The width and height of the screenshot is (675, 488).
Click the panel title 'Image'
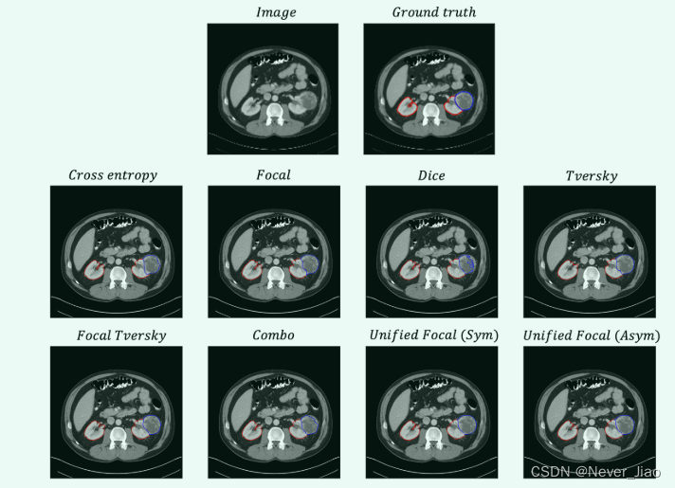(276, 12)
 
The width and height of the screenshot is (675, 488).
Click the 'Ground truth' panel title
(433, 12)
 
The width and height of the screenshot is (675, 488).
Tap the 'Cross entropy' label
(113, 175)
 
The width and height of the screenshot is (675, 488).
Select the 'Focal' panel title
(273, 175)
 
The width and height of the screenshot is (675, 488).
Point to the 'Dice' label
(431, 175)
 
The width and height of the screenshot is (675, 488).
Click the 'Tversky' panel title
(591, 175)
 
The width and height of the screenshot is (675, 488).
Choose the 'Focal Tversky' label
(120, 335)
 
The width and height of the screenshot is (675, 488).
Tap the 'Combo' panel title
(273, 335)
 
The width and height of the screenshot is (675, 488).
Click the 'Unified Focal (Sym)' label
(433, 335)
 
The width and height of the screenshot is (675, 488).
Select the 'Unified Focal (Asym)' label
(592, 335)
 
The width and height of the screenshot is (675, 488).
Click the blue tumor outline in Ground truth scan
(464, 99)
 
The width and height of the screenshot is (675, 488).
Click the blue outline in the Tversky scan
(623, 265)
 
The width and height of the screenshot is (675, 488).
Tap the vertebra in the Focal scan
(274, 278)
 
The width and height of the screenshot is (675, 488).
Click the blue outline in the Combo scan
(306, 426)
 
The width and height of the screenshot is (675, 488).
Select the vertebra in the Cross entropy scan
(117, 278)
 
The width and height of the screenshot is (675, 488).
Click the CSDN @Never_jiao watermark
(595, 471)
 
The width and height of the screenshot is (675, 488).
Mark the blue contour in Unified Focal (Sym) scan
(465, 426)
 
